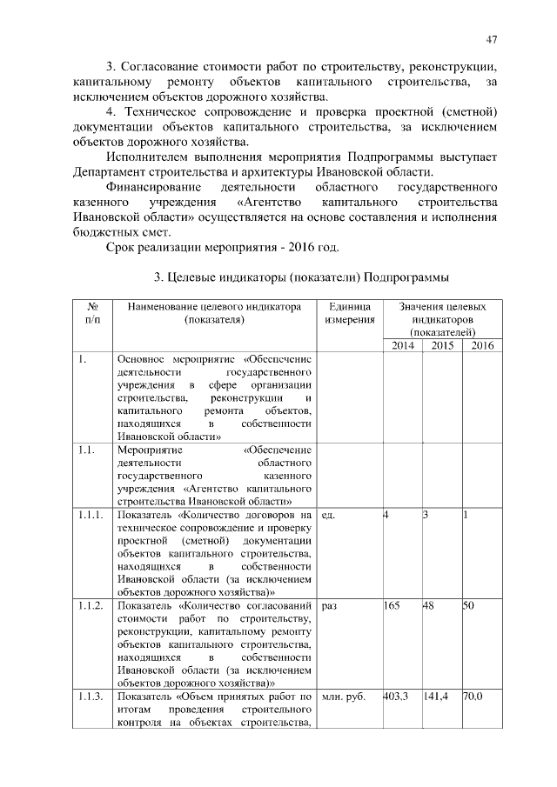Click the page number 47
pyautogui.click(x=492, y=39)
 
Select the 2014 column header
pyautogui.click(x=402, y=346)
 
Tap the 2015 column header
pyautogui.click(x=442, y=346)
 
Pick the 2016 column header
pyautogui.click(x=480, y=346)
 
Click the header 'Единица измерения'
pyautogui.click(x=350, y=314)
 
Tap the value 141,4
pyautogui.click(x=436, y=697)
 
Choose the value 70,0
pyautogui.click(x=473, y=697)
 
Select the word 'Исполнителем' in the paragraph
pyautogui.click(x=147, y=157)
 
